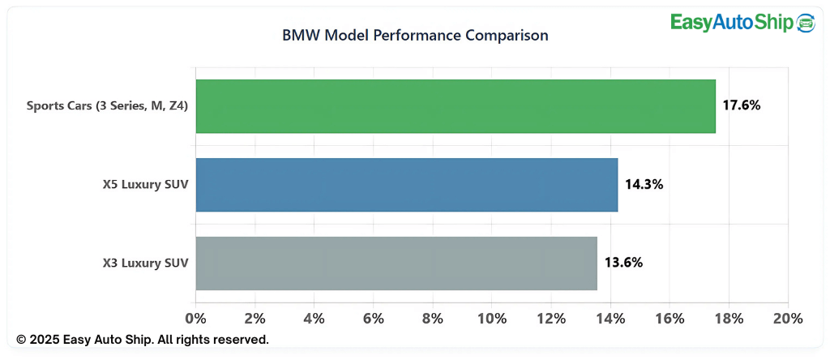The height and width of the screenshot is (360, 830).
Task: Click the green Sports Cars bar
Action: (456, 106)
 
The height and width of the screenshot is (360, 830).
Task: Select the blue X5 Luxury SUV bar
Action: (407, 185)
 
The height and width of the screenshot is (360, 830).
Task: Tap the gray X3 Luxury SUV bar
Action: (396, 264)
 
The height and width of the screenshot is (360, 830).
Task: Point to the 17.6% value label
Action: (741, 105)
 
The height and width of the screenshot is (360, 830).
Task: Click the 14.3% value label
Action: (644, 184)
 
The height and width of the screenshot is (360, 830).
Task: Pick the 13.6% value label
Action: (623, 263)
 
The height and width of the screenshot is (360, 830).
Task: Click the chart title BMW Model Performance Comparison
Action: (415, 36)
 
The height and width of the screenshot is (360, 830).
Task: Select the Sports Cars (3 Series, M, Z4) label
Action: (108, 105)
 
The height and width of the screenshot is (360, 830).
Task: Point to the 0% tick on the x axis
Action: (196, 319)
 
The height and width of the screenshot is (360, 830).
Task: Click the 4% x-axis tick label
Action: (314, 319)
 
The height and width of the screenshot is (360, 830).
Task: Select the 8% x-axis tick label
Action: (433, 319)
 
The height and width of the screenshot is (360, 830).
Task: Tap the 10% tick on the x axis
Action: (492, 319)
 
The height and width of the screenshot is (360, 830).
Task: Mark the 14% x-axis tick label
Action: (610, 319)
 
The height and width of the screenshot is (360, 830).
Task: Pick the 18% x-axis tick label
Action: (729, 319)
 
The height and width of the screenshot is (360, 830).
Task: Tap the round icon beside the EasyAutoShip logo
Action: (806, 22)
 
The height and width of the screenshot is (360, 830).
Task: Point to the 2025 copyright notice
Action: (143, 339)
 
